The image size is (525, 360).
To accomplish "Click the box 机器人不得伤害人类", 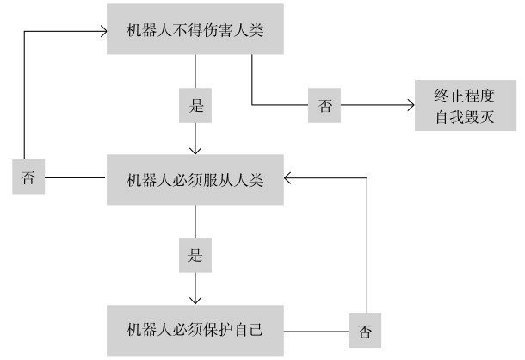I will point(195,30).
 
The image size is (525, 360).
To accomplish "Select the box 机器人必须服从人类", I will point(195,179).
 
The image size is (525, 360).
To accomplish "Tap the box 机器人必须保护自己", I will point(195,330).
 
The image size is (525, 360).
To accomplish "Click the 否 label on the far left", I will point(29,178).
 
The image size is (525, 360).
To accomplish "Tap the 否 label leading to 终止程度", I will point(325,106).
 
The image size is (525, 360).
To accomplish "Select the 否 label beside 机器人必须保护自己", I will point(366,330).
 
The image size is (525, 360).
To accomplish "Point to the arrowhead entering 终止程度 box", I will point(410,105).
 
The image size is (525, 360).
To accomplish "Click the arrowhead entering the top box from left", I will point(102,31).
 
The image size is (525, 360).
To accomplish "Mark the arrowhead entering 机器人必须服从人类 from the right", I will point(287,179).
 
